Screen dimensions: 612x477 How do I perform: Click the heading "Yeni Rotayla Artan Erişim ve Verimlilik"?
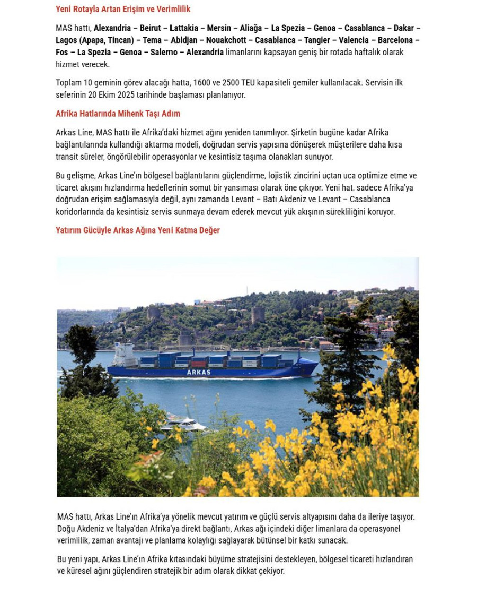click(x=123, y=9)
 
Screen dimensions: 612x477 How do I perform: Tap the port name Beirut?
click(x=150, y=28)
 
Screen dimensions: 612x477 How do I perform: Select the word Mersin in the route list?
click(x=219, y=28)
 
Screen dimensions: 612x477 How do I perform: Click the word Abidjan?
click(x=184, y=40)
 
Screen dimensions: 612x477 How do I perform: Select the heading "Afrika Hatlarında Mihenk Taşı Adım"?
click(x=118, y=114)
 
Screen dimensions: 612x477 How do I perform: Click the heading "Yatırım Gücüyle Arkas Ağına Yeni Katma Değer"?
click(x=137, y=230)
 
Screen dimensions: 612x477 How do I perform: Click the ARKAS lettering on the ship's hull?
click(x=199, y=372)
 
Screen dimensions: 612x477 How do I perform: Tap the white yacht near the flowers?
click(x=183, y=424)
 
